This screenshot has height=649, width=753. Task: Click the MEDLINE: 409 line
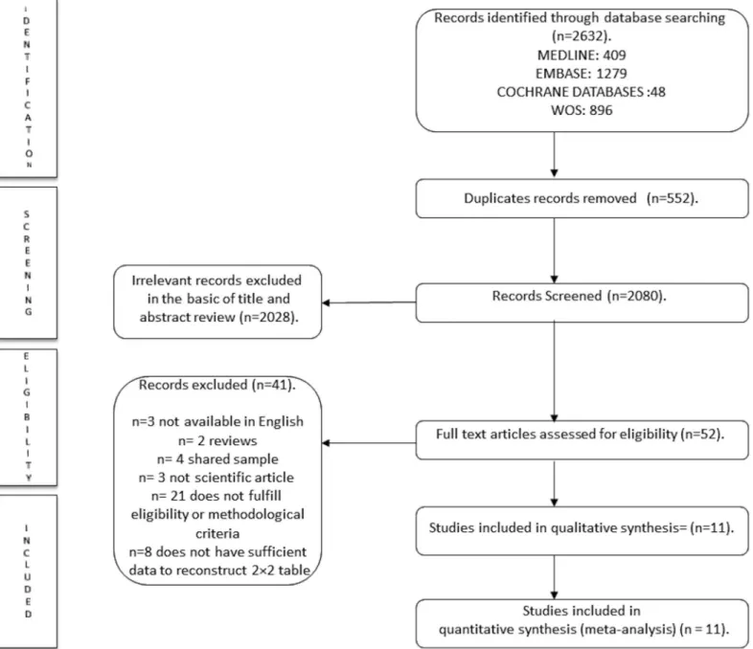click(582, 56)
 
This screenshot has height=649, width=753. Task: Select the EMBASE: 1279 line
click(582, 74)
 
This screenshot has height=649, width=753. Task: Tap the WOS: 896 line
click(582, 110)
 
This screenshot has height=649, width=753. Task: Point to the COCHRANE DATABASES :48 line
click(582, 92)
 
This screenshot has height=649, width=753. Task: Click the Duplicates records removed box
click(582, 198)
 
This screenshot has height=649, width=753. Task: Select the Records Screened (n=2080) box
click(582, 302)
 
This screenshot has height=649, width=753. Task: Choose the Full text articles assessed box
click(582, 440)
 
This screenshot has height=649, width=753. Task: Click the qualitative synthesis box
click(582, 531)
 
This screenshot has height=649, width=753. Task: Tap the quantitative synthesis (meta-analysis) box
click(582, 623)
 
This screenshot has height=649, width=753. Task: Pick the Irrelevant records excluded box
click(217, 302)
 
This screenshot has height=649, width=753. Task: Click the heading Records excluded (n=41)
click(217, 385)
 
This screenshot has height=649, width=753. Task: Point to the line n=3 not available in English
click(217, 421)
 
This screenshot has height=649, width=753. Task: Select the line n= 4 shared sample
click(217, 459)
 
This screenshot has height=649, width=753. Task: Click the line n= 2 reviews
click(217, 440)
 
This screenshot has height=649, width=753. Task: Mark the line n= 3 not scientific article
click(217, 478)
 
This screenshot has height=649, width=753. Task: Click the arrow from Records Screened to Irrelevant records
click(369, 302)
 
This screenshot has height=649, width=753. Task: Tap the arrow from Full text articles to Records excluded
click(369, 443)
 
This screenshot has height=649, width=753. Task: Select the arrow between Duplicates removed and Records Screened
click(554, 251)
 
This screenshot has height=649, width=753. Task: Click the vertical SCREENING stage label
click(28, 263)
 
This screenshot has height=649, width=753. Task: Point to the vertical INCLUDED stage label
click(28, 571)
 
